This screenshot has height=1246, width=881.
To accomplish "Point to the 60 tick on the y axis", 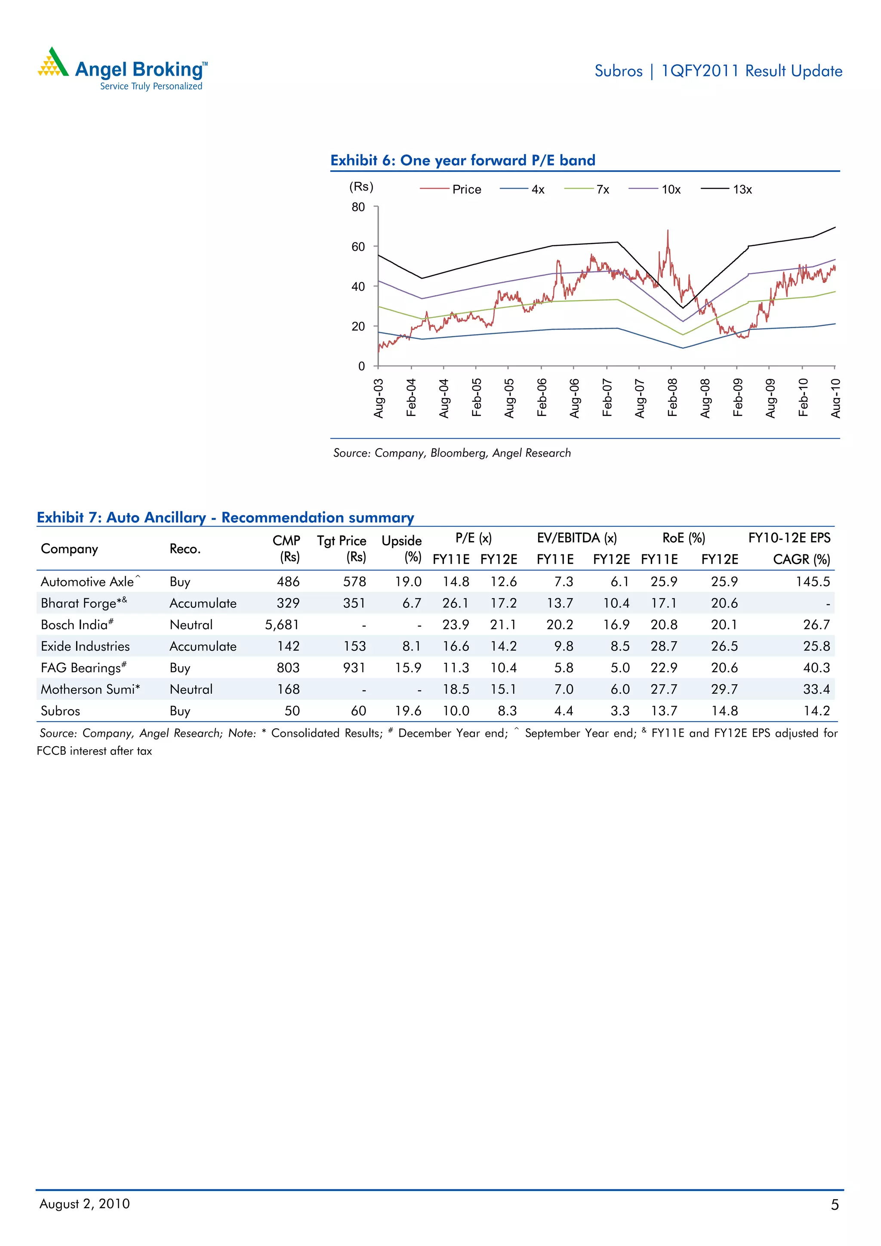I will click(358, 247).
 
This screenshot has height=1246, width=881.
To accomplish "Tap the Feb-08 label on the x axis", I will click(672, 398).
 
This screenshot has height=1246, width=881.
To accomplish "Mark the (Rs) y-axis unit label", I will click(361, 187).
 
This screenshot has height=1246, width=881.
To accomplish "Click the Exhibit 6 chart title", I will click(462, 160).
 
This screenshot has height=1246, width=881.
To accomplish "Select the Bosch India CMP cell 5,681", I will click(282, 625).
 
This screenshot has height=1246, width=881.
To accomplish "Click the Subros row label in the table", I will click(60, 711).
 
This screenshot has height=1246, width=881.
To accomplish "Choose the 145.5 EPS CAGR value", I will click(813, 582).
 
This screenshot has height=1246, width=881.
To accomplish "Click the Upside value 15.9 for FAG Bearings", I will click(408, 668).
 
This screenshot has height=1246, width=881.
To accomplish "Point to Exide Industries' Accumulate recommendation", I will click(203, 646).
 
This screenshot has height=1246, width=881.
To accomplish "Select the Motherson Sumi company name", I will click(90, 689).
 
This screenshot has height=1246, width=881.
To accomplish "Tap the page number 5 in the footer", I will click(834, 1205).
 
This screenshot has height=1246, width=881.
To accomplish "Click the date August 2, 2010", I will click(85, 1204).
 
